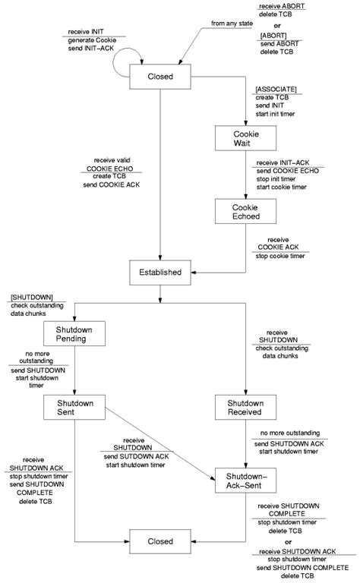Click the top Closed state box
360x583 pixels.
[x=159, y=76]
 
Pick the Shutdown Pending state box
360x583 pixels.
[x=74, y=335]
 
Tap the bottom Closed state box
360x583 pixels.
[x=159, y=542]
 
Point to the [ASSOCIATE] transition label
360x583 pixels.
[x=276, y=89]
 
